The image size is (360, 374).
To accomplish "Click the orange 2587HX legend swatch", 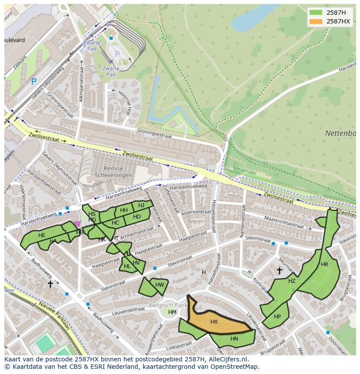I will coord(316,21).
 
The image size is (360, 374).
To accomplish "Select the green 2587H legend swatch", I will coord(316,12).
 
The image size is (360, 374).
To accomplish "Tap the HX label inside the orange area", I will coord(214,322).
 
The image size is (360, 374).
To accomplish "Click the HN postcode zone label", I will coord(234,339).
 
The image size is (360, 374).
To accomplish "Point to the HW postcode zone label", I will coord(160,285).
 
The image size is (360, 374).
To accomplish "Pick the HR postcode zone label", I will coord(324,265).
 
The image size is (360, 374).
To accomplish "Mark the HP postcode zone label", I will coord(277,317).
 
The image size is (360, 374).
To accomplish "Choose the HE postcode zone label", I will coord(42,235).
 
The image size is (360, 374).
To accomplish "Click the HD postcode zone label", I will coord(137,217).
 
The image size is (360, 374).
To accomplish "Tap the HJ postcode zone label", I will coord(141,205).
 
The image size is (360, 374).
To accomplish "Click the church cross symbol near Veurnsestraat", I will coord(279,271).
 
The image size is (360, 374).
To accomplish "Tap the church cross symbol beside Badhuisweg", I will coord(50,284).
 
